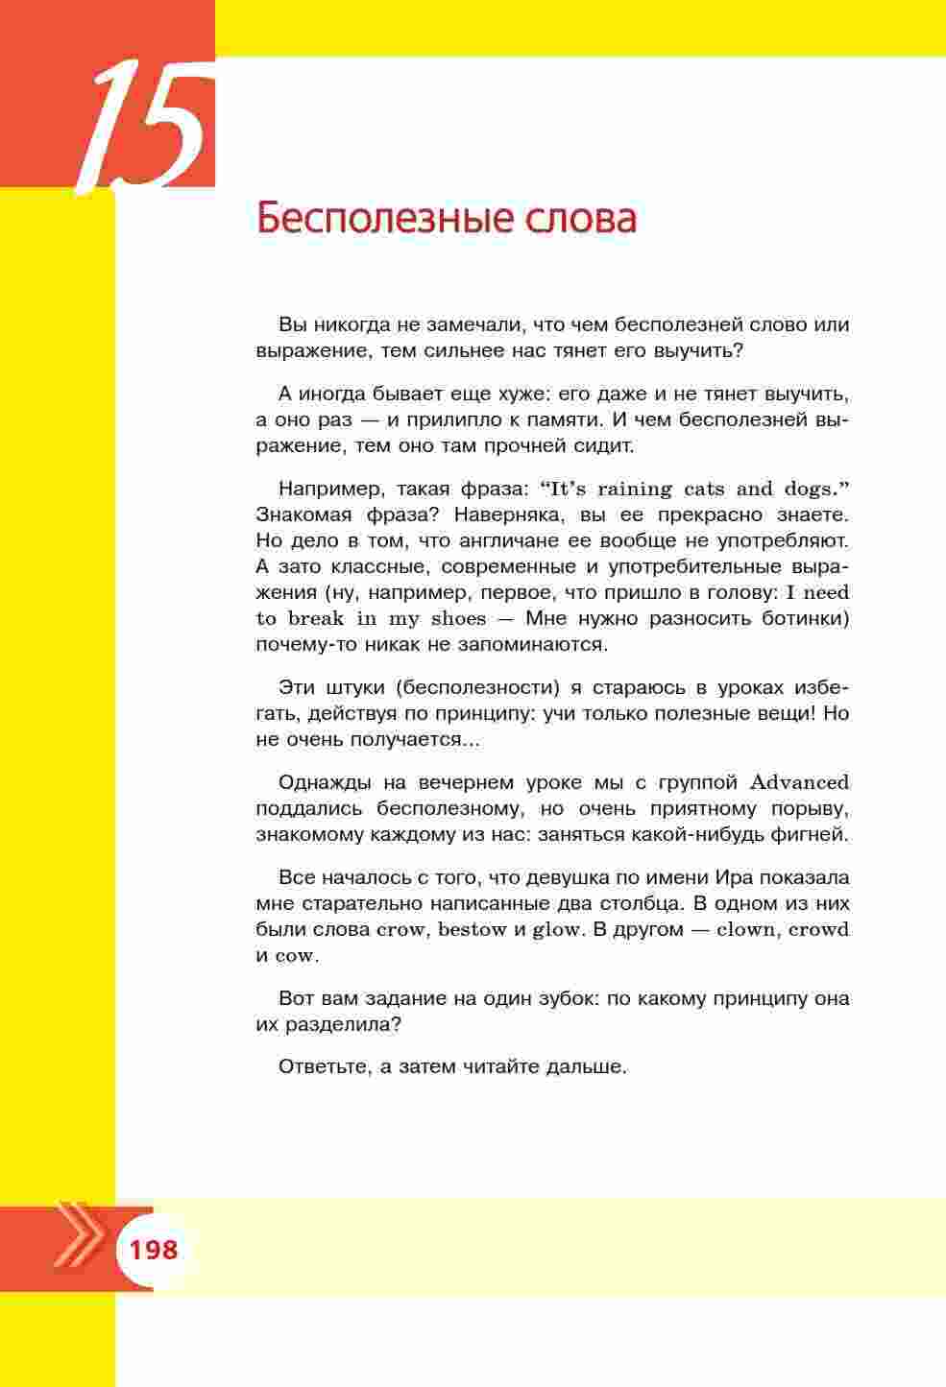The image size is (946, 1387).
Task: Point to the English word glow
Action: tap(557, 929)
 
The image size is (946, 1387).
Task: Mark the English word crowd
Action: tap(819, 929)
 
